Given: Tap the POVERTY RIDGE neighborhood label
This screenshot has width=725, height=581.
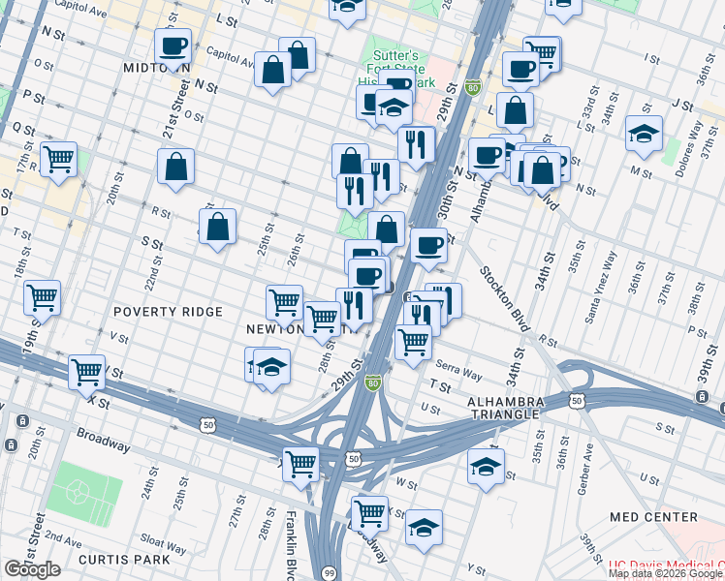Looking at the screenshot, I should click(x=168, y=312).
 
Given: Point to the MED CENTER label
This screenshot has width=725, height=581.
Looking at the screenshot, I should click(x=652, y=518).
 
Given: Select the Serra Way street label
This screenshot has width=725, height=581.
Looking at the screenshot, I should click(x=458, y=369).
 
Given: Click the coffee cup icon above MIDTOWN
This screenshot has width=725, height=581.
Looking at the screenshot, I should click(x=173, y=46).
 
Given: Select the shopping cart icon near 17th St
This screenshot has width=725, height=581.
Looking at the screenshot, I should click(x=59, y=159).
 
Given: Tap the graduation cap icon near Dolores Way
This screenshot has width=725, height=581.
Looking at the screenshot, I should click(x=644, y=134).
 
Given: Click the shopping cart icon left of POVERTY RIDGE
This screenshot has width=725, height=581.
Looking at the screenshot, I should click(x=42, y=298).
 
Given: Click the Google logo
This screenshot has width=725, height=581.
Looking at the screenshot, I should click(x=32, y=569).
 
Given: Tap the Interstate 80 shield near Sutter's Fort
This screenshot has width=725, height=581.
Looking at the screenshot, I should click(x=473, y=87).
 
